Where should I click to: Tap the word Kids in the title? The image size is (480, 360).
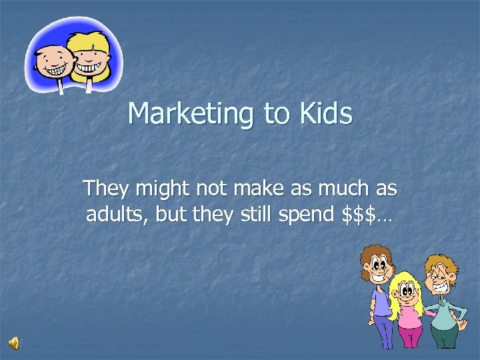[325, 113]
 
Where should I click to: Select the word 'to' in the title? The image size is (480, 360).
[277, 114]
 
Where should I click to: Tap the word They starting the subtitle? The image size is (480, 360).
[107, 189]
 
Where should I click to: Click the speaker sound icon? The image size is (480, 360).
[14, 343]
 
